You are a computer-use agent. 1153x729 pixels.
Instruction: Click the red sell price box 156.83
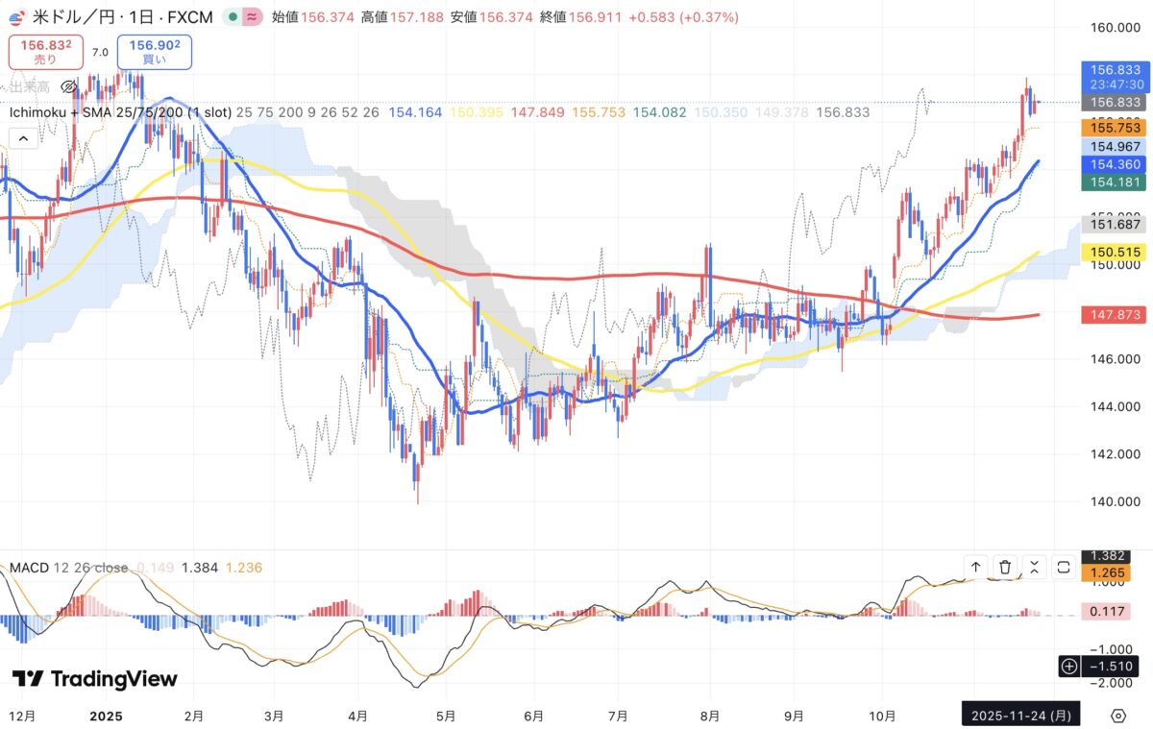45,51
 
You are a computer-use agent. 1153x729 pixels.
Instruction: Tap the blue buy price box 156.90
154,51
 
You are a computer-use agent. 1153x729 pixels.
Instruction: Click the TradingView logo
94,679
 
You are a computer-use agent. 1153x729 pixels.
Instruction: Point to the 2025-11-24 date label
1021,716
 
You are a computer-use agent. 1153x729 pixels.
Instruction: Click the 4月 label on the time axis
357,716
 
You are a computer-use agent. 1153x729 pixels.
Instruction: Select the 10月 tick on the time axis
882,716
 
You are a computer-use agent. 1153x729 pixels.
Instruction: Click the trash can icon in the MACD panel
1005,567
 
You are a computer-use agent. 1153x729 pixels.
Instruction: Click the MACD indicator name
28,568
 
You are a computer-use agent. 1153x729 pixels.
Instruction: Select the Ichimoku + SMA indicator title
119,112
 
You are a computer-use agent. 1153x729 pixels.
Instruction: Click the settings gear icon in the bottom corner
1117,716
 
